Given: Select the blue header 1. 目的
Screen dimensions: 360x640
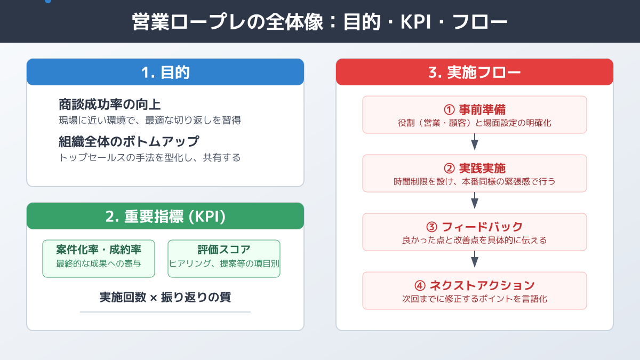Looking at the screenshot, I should pos(165,73).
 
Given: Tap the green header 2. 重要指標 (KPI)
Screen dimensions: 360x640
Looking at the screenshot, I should pos(165,217).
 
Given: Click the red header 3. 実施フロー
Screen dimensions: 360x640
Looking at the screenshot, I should pos(475,73).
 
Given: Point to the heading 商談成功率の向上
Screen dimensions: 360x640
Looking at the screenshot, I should pos(109,104).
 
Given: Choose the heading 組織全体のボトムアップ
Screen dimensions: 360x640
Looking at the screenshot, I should pos(129,142).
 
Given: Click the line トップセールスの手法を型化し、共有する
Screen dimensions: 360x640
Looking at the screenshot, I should pos(149,158).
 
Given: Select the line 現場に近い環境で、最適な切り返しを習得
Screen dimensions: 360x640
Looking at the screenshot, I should pos(149,121).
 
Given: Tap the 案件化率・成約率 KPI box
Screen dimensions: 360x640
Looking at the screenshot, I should pos(99,259).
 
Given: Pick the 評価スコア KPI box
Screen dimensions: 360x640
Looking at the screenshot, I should pos(224,259).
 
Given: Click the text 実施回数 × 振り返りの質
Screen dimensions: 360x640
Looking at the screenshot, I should pos(165,298).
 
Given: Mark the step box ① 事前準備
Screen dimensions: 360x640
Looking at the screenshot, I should pos(475,115).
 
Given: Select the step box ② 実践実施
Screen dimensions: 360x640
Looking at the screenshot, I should pos(475,173).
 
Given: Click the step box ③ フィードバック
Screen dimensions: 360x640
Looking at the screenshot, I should pos(475,232).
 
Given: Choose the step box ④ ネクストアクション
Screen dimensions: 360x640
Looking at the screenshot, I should pos(475,291).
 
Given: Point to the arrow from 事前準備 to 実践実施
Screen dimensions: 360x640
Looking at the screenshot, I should pos(475,143).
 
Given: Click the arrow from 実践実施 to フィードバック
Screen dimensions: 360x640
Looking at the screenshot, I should pos(475,202).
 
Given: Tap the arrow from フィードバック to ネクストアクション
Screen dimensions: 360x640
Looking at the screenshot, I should pos(475,261).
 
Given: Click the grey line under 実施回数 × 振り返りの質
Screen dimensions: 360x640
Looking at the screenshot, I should pos(165,312).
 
